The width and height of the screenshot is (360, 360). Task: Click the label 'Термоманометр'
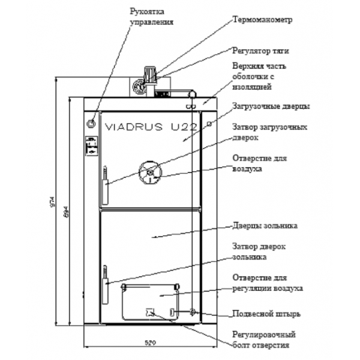point(262,19)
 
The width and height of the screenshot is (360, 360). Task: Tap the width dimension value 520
point(149,343)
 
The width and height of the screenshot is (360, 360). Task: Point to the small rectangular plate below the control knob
point(90,146)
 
